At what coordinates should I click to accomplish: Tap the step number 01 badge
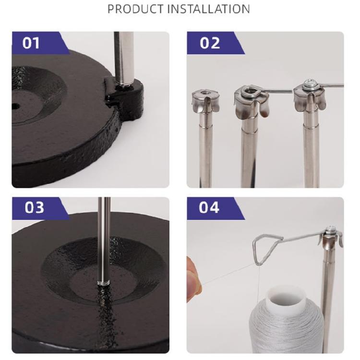pos(32,43)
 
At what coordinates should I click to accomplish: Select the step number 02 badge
pos(210,43)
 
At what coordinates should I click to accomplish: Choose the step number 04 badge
pos(210,207)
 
